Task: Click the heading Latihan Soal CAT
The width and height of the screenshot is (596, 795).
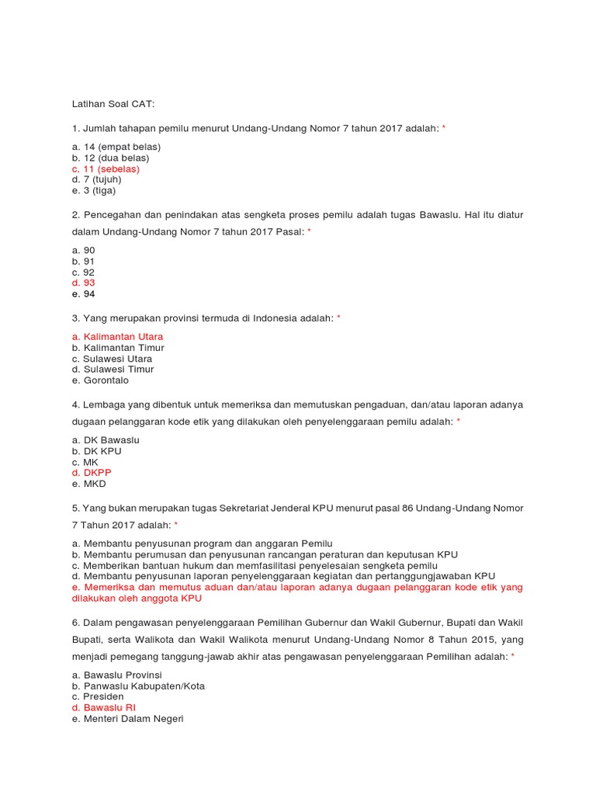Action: (113, 103)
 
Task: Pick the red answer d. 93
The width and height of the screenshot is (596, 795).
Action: (83, 283)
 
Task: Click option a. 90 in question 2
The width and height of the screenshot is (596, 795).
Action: (83, 250)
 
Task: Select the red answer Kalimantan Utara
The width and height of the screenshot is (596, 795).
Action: (117, 337)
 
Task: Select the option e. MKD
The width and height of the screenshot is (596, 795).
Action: (88, 484)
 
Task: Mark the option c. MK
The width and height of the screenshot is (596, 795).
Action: (85, 462)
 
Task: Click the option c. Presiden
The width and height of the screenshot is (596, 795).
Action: (97, 697)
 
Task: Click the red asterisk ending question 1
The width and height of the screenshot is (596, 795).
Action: (444, 128)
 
